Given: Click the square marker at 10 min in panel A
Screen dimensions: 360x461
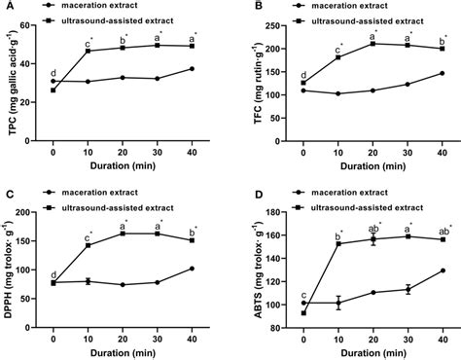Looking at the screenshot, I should tap(89, 51).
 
